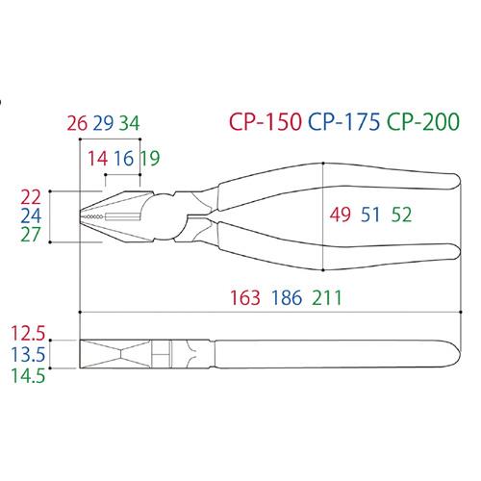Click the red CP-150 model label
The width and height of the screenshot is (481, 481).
(x=266, y=121)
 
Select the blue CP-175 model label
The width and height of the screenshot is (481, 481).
(x=344, y=121)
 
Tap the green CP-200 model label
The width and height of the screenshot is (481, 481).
(x=423, y=121)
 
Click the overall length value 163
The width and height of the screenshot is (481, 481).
(x=245, y=297)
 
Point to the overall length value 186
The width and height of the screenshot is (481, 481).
(x=287, y=297)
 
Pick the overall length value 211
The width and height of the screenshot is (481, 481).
(x=327, y=297)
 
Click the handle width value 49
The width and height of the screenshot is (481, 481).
(x=341, y=215)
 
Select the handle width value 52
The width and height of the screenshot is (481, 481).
(x=401, y=215)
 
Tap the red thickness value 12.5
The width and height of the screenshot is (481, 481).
(x=28, y=333)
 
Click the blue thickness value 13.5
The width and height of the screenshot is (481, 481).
(x=28, y=354)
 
